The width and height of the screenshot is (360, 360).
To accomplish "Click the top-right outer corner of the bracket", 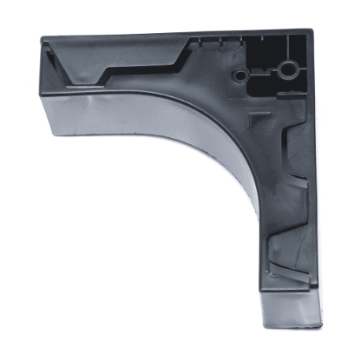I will click(x=313, y=30).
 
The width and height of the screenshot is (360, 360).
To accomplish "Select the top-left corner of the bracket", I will click(x=41, y=36).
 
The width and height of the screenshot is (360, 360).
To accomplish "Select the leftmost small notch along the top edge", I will click(x=200, y=40).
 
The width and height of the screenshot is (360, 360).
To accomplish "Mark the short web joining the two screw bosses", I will click(x=264, y=72).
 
